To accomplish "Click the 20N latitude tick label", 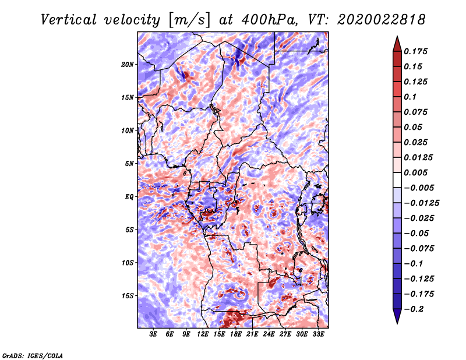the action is [x=128, y=65].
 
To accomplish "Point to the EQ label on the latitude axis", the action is [x=129, y=197].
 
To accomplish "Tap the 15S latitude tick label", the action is [x=128, y=296].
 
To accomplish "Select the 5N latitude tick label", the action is [x=129, y=164].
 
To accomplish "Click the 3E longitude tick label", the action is [x=153, y=334].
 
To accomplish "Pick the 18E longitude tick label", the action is [x=236, y=334].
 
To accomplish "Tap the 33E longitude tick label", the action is [x=318, y=334].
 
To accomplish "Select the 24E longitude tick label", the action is [x=269, y=334].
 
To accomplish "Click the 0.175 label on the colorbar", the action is [x=415, y=51].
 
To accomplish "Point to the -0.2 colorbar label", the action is [x=414, y=309].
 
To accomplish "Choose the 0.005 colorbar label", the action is [x=415, y=172].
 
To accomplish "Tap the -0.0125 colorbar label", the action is [x=421, y=203].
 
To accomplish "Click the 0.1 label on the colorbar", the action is [x=410, y=97].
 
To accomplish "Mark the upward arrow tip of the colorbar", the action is [x=397, y=36].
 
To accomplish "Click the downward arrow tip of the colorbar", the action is [x=397, y=323].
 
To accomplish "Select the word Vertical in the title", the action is [x=69, y=20].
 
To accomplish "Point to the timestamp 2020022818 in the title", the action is [x=382, y=20].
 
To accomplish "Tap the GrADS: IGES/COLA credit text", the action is [x=33, y=355].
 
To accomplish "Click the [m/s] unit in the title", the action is [x=190, y=20].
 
